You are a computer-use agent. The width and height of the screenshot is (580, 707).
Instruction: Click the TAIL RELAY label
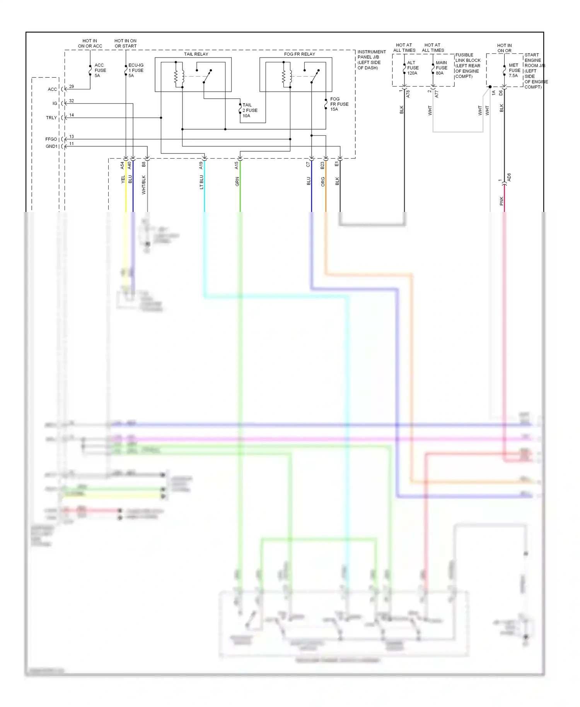196,54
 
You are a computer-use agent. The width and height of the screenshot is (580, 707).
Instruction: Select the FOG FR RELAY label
299,54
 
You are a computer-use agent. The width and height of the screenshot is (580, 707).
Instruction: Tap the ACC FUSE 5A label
100,70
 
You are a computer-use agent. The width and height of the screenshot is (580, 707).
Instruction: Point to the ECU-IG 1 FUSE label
136,70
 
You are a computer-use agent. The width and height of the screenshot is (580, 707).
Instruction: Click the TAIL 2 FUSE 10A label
249,110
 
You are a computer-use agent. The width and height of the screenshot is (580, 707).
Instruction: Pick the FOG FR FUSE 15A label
339,104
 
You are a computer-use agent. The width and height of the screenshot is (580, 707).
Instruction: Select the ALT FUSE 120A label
413,68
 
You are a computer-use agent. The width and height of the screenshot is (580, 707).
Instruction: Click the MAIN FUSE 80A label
441,68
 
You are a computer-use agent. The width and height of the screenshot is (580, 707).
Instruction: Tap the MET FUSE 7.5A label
514,70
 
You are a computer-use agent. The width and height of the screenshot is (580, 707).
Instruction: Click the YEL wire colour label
123,179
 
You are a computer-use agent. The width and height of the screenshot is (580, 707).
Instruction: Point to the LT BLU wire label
201,182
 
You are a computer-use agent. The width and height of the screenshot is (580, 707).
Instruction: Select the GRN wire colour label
237,181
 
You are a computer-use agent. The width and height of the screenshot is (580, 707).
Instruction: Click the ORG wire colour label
323,182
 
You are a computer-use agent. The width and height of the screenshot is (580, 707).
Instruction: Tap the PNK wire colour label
502,201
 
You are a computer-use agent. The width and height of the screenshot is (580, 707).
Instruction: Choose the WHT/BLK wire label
144,184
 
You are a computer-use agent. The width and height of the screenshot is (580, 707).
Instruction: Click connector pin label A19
201,165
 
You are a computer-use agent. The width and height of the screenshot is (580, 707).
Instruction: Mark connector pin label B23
322,165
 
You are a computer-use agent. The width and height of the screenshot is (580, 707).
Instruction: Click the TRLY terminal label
51,118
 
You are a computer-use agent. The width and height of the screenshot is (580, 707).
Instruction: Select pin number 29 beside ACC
72,87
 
